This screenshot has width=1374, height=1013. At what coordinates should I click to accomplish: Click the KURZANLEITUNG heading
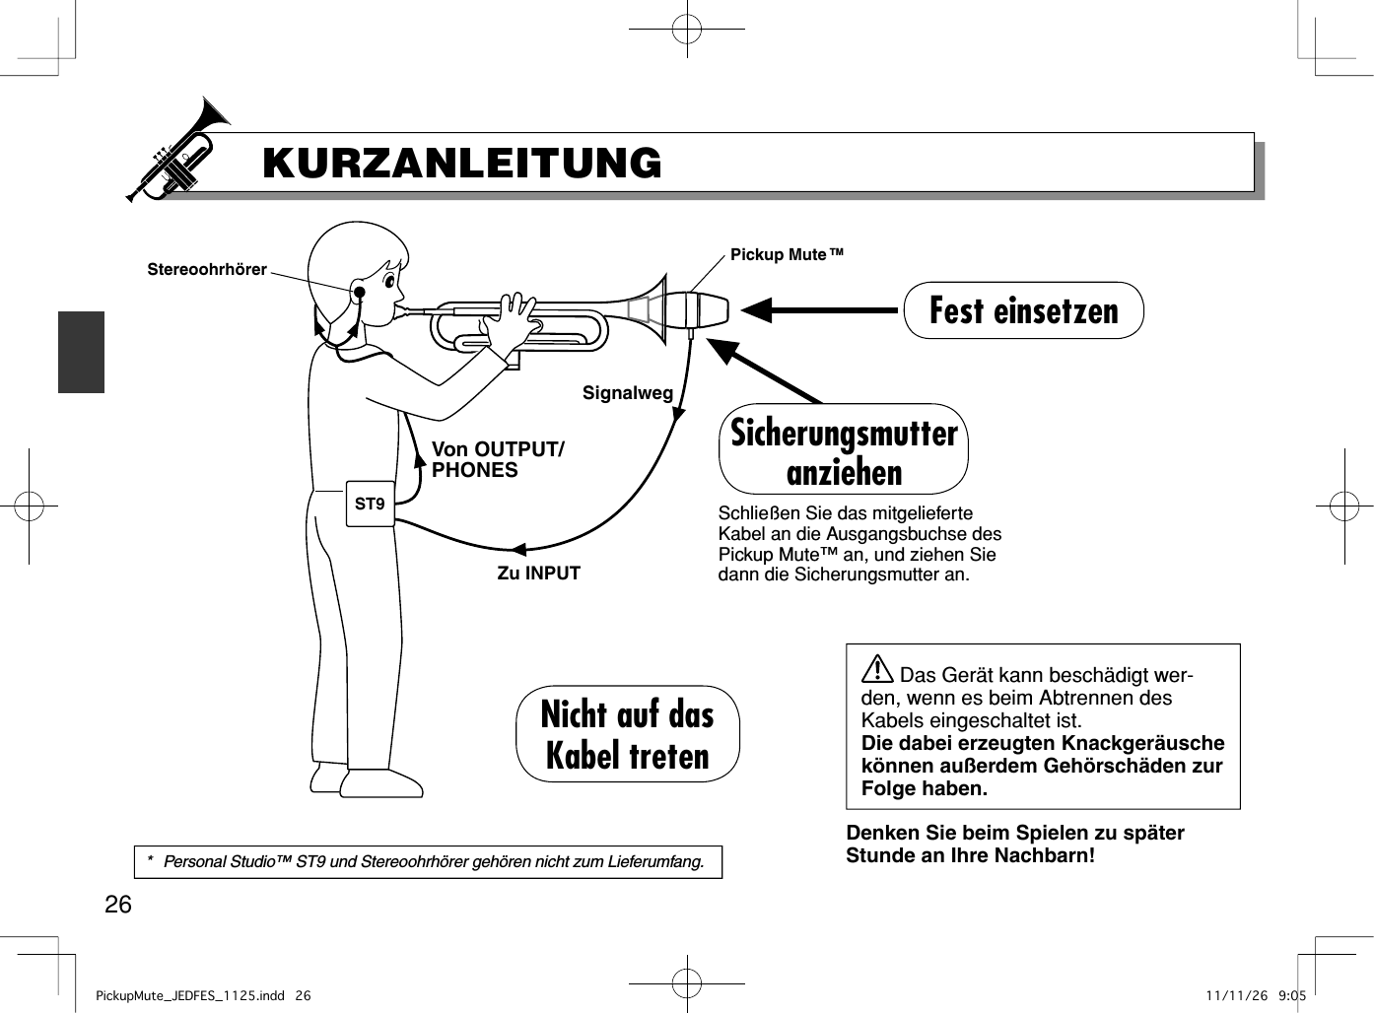point(462,164)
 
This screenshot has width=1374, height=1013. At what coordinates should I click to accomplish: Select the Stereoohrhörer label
point(207,270)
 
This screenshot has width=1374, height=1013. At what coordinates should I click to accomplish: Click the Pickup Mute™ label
point(787,255)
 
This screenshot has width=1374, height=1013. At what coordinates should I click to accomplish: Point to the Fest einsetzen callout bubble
point(1023,310)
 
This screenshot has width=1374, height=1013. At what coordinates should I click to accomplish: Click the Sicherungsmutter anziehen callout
point(844,450)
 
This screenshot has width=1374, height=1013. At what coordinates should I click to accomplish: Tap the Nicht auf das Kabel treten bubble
point(628,734)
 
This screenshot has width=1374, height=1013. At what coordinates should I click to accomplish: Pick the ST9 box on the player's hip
point(370,505)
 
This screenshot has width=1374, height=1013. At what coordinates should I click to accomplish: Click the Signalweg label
point(628,393)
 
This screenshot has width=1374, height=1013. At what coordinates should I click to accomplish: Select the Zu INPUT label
point(538,574)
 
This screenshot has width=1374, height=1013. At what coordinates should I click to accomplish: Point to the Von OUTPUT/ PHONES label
point(498,460)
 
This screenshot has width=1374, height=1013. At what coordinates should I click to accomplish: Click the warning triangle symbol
point(877,672)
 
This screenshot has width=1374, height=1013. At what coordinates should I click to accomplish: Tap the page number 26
point(118,905)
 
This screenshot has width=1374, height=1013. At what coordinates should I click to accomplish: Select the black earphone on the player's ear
point(360,292)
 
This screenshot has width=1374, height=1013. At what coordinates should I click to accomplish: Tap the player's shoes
point(370,782)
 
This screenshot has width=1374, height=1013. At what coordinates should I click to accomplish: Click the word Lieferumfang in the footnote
point(656,862)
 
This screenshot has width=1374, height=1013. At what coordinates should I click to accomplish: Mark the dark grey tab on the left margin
point(81,352)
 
